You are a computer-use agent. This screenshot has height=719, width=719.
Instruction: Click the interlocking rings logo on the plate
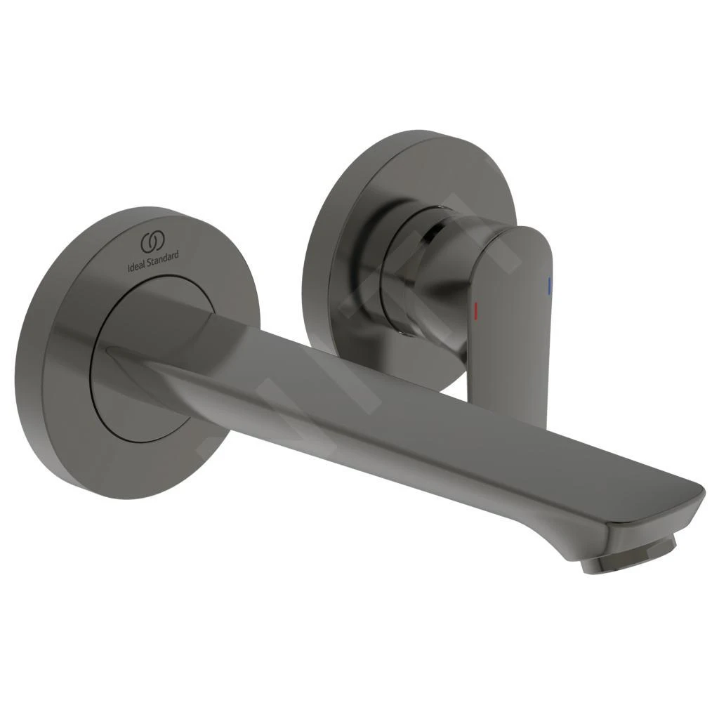(152, 242)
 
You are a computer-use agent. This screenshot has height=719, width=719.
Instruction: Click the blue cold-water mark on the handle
(550, 284)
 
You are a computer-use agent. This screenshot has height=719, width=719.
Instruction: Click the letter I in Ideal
(127, 268)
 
